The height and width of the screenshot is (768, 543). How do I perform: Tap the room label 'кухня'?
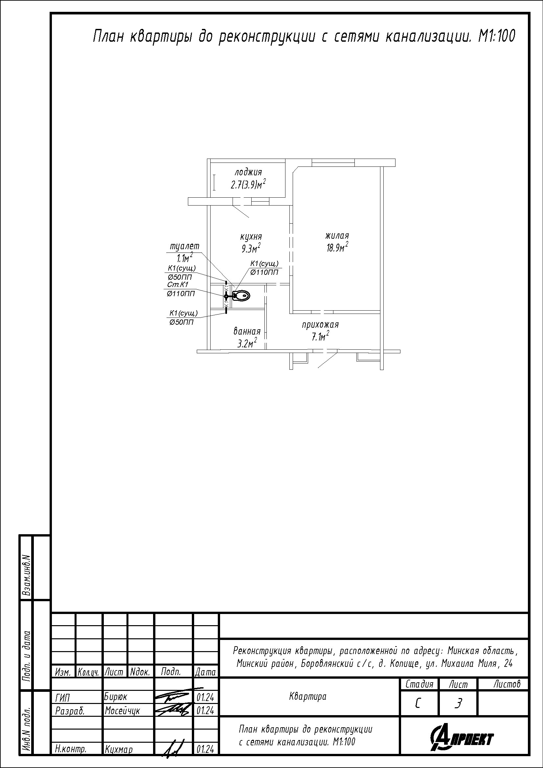coord(251,236)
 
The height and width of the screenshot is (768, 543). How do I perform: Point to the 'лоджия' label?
coord(248,173)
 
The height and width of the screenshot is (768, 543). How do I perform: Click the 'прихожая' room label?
coord(320,324)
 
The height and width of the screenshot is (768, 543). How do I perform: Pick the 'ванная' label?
coord(247,332)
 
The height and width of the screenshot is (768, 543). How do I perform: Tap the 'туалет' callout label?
coord(185,246)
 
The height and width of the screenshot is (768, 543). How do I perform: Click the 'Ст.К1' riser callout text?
coord(178,284)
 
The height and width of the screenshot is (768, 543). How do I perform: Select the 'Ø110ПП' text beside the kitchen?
coord(264,272)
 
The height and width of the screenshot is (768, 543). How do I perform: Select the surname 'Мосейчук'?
coord(123,711)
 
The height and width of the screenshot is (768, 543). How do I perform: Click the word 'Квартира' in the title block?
coord(308,696)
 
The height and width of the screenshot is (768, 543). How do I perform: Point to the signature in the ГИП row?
coord(173,696)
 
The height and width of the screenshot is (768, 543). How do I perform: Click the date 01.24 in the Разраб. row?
coord(205,711)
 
